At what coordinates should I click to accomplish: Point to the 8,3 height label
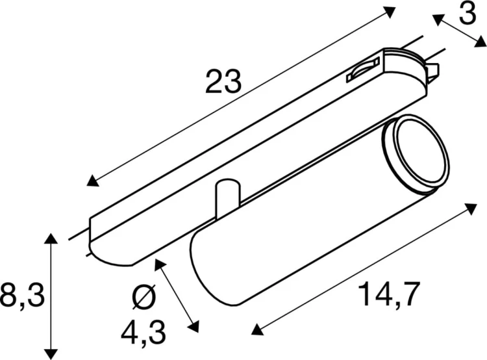click(21, 296)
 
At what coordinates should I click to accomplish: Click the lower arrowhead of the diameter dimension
click(193, 324)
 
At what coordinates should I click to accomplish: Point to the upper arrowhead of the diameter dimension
click(160, 263)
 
